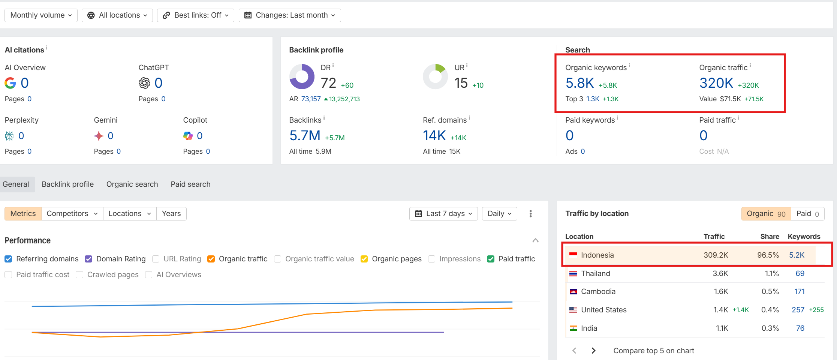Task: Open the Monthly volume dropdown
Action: [x=41, y=15]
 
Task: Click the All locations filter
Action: [x=117, y=15]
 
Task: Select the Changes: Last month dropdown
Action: [x=289, y=15]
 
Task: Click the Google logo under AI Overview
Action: [x=10, y=83]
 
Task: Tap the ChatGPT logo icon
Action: [x=144, y=83]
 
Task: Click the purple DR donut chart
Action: [x=302, y=76]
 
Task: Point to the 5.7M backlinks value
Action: [x=305, y=136]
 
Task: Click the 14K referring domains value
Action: [x=434, y=136]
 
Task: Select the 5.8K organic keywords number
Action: [x=579, y=83]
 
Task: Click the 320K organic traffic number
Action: [x=716, y=83]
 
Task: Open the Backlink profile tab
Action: [x=68, y=184]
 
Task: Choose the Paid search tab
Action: [x=190, y=184]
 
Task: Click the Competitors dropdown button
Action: [x=72, y=214]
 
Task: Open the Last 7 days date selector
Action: [x=443, y=214]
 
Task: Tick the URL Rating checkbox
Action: [x=156, y=259]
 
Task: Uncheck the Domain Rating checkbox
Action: [x=88, y=259]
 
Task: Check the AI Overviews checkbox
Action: [x=149, y=275]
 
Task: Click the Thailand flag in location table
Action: [x=573, y=274]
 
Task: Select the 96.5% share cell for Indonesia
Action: [x=768, y=255]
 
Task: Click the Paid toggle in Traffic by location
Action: [x=807, y=214]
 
